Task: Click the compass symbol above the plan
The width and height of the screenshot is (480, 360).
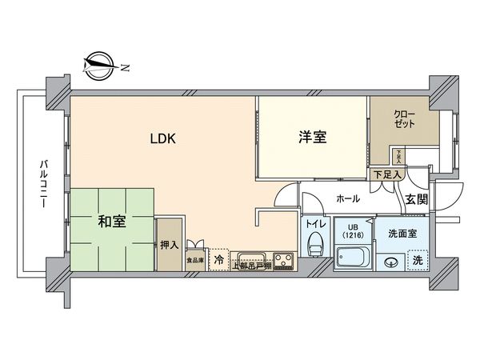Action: tap(101, 65)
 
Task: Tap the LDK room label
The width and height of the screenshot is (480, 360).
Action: tap(164, 137)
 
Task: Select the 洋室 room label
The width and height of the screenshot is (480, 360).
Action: tap(312, 137)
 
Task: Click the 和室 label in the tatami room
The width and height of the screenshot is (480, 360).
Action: tap(112, 222)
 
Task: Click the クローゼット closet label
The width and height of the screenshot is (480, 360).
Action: tap(404, 121)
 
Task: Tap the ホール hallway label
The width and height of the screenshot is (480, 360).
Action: tap(346, 198)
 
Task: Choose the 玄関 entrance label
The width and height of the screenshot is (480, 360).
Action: tap(414, 199)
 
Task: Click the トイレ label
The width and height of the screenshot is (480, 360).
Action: tap(315, 225)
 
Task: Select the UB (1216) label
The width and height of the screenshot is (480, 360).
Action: tap(352, 230)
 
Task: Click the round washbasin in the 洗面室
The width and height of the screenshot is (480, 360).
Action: tap(392, 261)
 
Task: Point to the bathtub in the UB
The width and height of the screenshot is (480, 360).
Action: tap(353, 258)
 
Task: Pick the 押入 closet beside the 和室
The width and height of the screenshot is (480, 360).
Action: tap(167, 244)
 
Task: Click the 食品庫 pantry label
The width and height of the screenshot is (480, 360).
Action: tap(195, 260)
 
